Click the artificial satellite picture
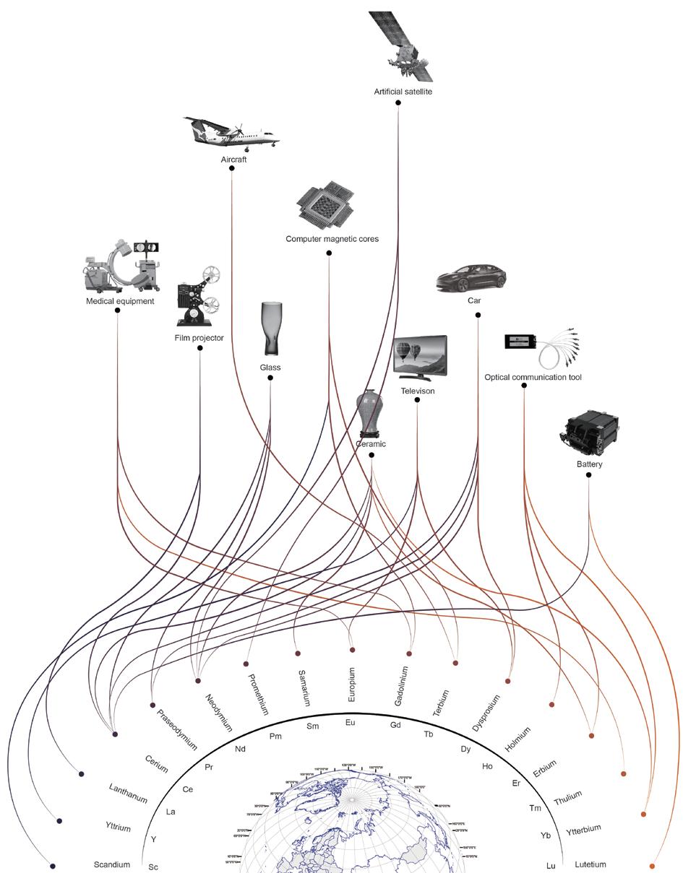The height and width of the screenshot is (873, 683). click(x=403, y=48)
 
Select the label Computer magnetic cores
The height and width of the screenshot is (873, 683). click(x=332, y=239)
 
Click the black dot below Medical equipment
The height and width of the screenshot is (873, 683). click(x=117, y=310)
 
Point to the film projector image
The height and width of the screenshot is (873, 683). click(x=199, y=297)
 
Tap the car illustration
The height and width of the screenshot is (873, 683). click(x=472, y=278)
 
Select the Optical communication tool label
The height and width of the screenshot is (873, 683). click(x=533, y=378)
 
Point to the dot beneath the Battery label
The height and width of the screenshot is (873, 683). click(x=589, y=475)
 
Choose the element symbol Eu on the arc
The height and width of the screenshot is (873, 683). click(x=351, y=723)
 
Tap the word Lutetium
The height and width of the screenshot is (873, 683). click(x=590, y=864)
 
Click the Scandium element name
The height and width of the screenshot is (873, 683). click(x=112, y=864)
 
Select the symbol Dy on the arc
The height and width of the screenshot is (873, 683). click(x=466, y=750)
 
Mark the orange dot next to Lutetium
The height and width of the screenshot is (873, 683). click(x=652, y=866)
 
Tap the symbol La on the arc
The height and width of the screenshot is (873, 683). click(x=171, y=812)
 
